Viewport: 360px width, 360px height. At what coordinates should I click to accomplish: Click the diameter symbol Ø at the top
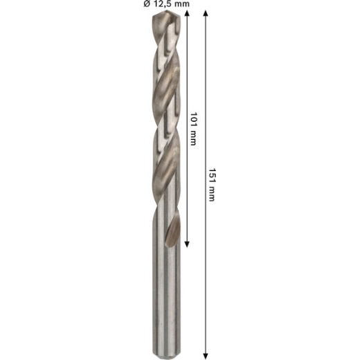(147, 3)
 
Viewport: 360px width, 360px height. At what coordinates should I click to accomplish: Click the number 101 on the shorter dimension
(193, 119)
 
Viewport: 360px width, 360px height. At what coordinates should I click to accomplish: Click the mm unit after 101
(193, 138)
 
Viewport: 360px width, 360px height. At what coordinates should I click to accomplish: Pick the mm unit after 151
(212, 194)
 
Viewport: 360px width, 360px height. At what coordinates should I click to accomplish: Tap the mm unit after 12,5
(182, 4)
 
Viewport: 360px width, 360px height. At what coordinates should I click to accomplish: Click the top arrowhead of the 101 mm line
(187, 13)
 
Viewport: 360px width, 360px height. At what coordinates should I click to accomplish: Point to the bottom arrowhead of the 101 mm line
(187, 244)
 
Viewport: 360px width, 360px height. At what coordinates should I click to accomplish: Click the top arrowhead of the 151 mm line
(206, 13)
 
